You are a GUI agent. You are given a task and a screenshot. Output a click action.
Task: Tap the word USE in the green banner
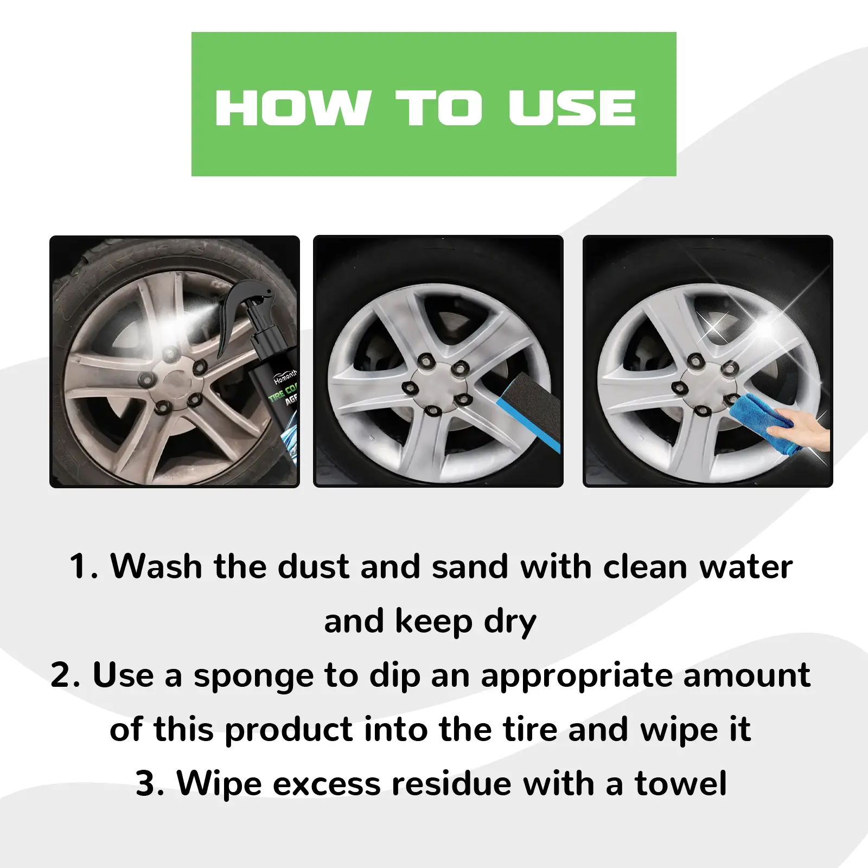tap(572, 107)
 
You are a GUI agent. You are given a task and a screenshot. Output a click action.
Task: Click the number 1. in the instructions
tap(84, 567)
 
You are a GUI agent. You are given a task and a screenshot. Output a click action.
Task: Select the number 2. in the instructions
tap(65, 676)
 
